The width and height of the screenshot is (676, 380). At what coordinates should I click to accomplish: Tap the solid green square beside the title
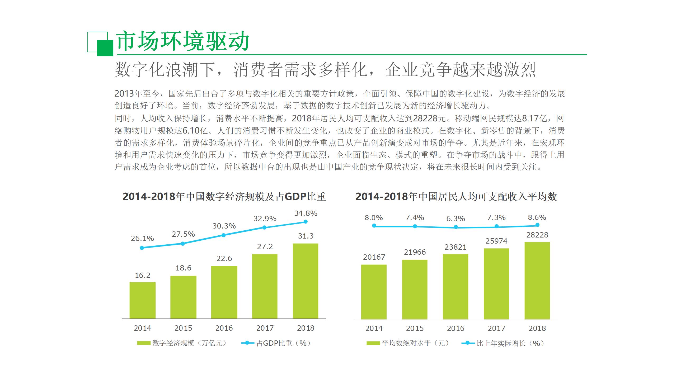(105, 48)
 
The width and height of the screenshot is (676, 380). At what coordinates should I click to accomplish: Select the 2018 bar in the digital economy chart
(306, 281)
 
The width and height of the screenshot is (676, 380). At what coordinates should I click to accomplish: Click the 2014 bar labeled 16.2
(143, 300)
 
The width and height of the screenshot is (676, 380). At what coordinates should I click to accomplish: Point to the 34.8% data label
(306, 213)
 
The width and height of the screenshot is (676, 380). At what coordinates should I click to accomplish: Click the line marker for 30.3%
(223, 235)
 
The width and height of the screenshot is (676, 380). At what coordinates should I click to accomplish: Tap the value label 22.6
(224, 258)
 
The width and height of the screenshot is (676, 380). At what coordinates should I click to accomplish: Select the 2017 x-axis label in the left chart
(265, 328)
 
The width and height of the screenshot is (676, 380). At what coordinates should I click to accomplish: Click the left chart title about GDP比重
(224, 197)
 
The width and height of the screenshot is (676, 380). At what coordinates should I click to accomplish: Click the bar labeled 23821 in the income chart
(456, 286)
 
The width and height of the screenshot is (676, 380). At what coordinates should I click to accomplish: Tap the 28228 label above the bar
(537, 235)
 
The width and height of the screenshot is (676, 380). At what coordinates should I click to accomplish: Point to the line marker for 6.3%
(456, 227)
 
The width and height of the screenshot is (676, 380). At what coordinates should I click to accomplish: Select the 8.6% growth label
(537, 217)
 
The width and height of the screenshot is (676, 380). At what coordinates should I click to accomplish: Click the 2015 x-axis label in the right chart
(415, 328)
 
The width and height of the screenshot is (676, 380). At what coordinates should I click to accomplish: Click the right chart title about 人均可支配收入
(456, 197)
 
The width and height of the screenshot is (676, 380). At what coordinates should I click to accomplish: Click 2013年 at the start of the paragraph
(128, 94)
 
